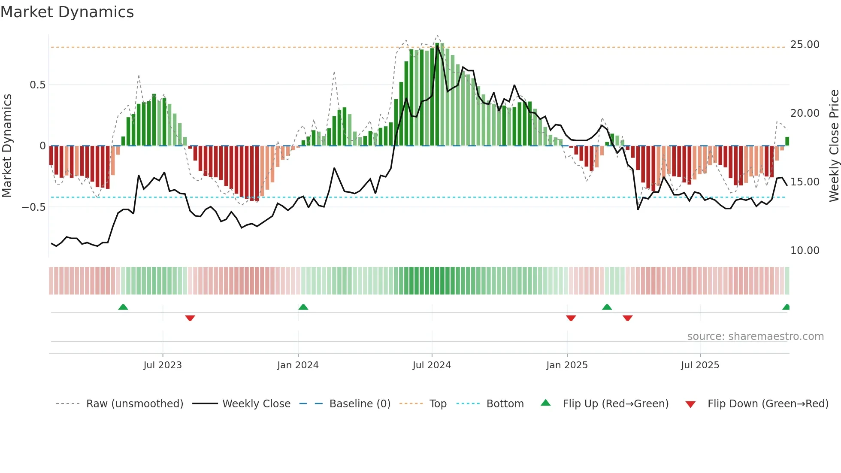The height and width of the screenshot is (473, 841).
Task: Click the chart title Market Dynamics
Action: click(x=67, y=12)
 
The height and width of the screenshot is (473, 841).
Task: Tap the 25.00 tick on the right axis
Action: click(x=805, y=45)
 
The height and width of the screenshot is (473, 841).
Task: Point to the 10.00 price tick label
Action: click(x=805, y=251)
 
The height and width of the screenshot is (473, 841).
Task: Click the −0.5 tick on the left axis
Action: click(x=34, y=207)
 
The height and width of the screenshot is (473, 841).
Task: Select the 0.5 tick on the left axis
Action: click(x=37, y=85)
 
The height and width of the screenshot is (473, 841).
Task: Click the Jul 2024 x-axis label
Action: click(x=432, y=365)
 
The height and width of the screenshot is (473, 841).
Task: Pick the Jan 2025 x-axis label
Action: click(x=567, y=365)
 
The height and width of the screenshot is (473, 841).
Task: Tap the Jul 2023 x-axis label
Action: click(x=163, y=365)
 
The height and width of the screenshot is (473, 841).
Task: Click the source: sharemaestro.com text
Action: click(x=755, y=337)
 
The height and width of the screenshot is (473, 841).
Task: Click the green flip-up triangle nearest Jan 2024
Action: click(x=303, y=307)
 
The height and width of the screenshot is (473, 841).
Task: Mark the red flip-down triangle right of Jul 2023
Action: click(x=190, y=318)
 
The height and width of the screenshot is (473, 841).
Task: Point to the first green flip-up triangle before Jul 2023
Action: click(x=123, y=307)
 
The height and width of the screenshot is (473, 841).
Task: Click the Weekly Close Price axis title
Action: click(x=834, y=146)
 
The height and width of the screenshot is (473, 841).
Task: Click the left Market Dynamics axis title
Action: click(x=7, y=146)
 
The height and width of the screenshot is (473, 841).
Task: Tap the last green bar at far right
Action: click(x=787, y=141)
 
